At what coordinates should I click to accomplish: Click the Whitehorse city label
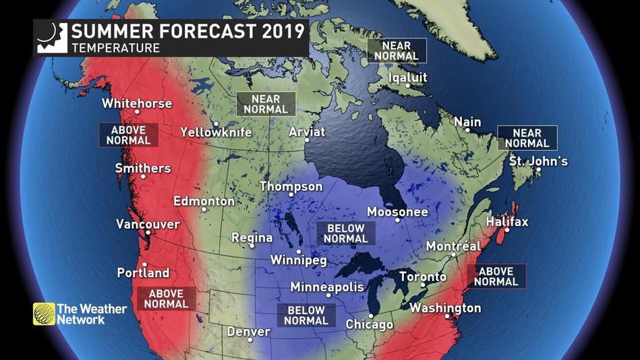(137, 104)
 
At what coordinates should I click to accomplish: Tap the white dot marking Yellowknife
(216, 124)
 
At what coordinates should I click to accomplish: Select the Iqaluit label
(407, 78)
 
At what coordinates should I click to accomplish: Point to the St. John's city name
(538, 161)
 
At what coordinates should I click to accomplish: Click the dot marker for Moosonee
(397, 220)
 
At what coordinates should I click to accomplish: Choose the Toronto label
(423, 276)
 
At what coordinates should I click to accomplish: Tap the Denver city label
(248, 332)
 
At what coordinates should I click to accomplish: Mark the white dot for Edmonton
(204, 209)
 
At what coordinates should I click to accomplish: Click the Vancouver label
(148, 224)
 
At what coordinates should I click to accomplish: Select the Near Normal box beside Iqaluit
(397, 51)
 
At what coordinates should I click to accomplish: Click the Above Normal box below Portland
(167, 299)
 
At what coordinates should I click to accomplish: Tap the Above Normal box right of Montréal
(496, 276)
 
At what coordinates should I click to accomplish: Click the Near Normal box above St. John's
(527, 138)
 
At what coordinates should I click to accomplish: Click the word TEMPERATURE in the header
(115, 48)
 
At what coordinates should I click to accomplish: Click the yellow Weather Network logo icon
(44, 314)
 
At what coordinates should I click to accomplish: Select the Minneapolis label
(327, 287)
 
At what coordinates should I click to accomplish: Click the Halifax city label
(507, 222)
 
